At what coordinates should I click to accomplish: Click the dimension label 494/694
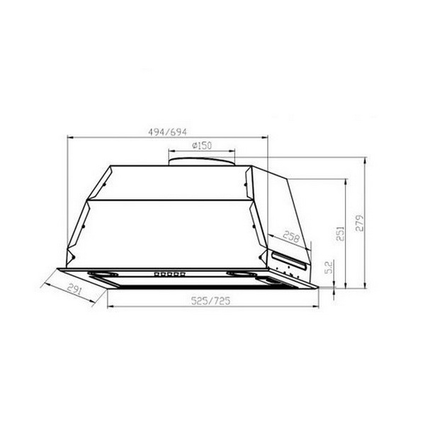click(167, 132)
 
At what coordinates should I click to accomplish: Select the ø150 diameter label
click(202, 146)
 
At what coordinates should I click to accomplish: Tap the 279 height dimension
click(359, 223)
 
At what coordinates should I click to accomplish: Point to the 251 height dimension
click(340, 234)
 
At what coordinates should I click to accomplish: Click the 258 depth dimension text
click(291, 237)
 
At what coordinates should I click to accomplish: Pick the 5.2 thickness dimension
click(328, 267)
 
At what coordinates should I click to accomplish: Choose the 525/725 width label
click(210, 300)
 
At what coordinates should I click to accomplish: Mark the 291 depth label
click(74, 289)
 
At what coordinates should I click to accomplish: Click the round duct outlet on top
click(202, 161)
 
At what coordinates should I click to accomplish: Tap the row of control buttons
click(170, 274)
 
